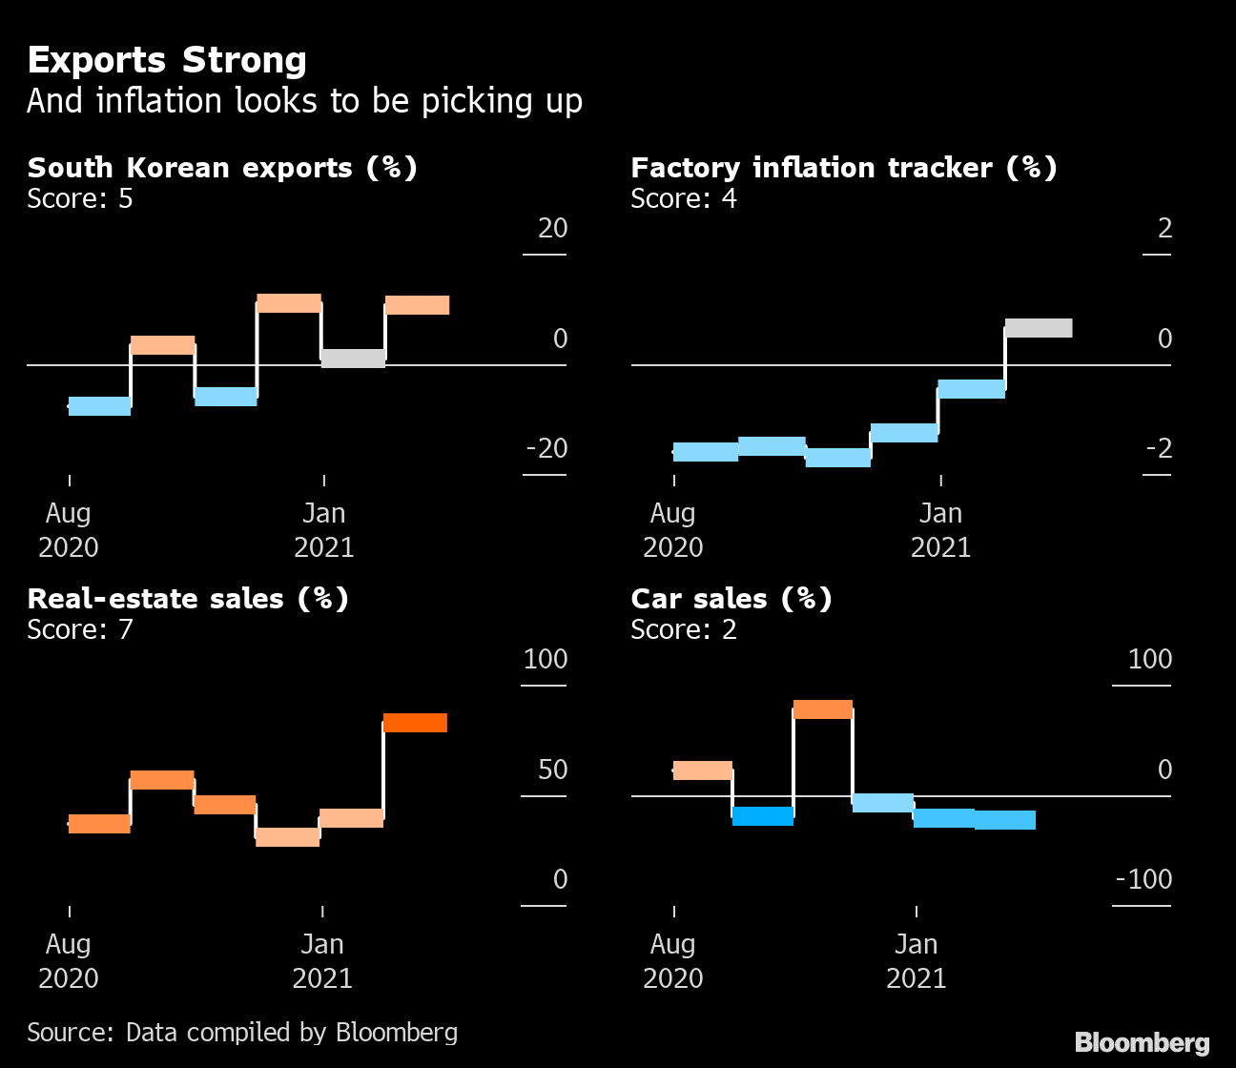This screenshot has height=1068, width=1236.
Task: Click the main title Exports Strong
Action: [167, 60]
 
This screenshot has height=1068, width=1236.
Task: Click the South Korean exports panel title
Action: [221, 168]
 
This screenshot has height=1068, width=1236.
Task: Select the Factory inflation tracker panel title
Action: [843, 168]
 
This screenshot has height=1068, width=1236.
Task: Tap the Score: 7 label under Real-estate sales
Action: [80, 629]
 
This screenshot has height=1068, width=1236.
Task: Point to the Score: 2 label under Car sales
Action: [684, 629]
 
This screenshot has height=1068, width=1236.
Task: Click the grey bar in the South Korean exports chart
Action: [353, 359]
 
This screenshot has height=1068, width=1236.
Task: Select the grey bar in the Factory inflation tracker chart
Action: [1039, 328]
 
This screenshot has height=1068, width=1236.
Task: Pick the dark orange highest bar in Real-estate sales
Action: [415, 723]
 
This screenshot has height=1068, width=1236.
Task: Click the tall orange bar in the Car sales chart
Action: [822, 709]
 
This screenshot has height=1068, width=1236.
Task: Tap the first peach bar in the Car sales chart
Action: [703, 770]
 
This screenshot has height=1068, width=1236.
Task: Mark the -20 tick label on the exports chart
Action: [546, 448]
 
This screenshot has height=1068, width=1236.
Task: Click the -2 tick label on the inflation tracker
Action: [1158, 448]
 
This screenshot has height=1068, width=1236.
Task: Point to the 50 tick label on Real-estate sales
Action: [552, 770]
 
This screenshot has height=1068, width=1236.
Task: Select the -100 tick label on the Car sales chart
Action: [1143, 879]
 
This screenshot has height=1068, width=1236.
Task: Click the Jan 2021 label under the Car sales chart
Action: [916, 960]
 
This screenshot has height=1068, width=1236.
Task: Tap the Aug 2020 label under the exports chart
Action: [69, 529]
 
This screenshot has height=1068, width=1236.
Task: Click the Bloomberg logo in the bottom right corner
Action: [1142, 1043]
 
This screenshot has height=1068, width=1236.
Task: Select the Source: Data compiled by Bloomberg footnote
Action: [242, 1032]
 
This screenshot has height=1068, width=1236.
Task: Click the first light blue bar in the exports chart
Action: [100, 406]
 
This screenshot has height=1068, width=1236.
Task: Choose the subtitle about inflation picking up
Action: [304, 101]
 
